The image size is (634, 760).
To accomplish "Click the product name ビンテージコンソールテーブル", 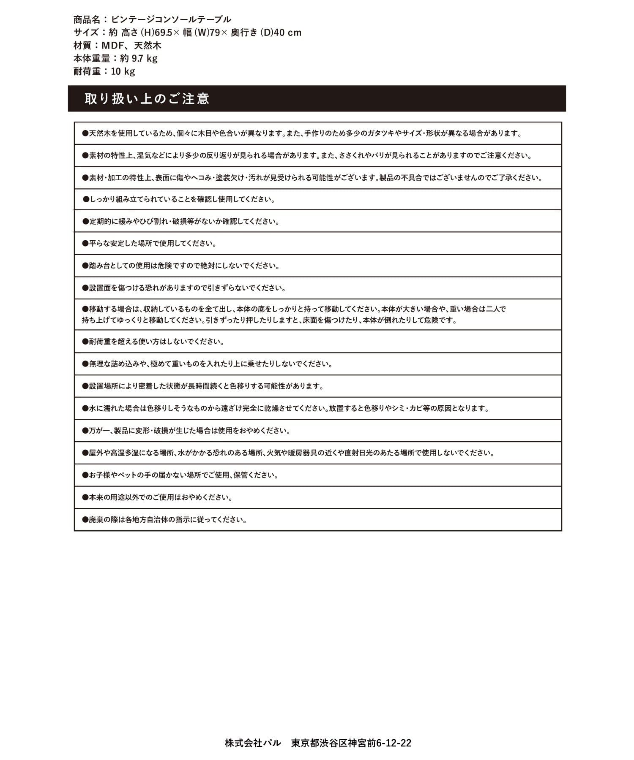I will pos(171,19).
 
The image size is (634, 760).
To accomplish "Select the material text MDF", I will pos(112,46).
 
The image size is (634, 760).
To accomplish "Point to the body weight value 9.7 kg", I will pos(145,58).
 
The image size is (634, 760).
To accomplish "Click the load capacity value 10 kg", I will pos(123,71).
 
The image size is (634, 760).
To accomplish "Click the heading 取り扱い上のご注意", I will pos(147,99).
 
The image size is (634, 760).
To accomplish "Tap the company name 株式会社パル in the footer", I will pos(253,743).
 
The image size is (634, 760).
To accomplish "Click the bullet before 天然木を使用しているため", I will pos(85,133).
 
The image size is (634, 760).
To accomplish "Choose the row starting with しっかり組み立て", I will pos(179,199).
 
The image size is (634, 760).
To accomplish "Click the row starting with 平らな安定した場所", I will pos(150,244).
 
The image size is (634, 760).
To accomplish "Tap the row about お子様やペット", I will pos(180,475).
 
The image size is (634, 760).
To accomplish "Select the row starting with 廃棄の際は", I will pos(165,520).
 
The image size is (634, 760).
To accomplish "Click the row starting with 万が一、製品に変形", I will pos(186,431).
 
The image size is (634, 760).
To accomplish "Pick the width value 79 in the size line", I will pos(215,33).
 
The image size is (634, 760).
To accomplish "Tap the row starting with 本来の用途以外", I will pos(158,497).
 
